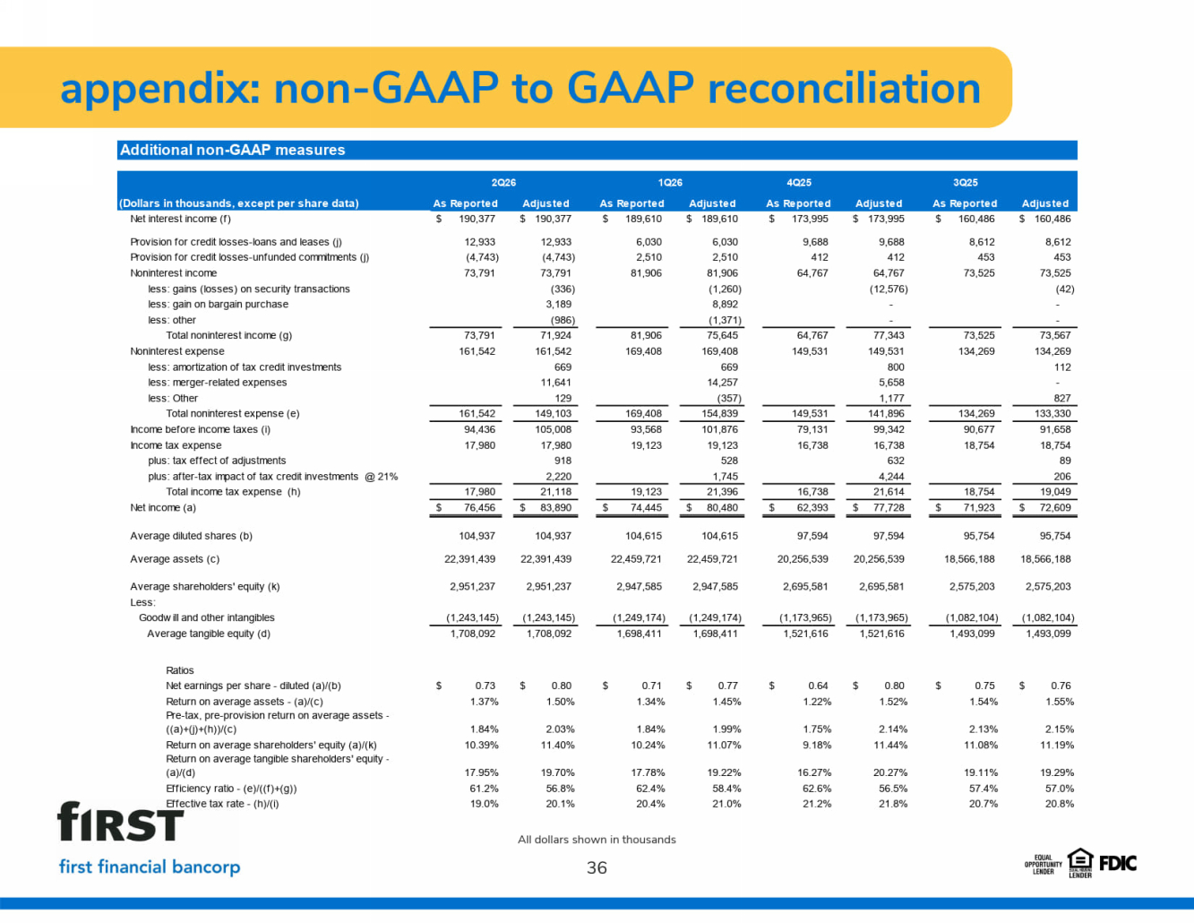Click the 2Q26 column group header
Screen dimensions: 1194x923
click(x=503, y=183)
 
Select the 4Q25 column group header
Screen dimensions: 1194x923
click(x=798, y=183)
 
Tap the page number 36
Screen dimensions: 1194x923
click(x=597, y=867)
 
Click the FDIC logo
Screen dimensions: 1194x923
click(x=1118, y=864)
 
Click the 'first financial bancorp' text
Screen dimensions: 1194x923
click(x=150, y=867)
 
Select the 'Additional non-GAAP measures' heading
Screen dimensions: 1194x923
click(x=232, y=150)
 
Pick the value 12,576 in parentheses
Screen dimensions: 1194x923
click(x=889, y=289)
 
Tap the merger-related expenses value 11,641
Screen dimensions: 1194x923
click(x=556, y=382)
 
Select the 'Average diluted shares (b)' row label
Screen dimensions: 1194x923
click(x=191, y=536)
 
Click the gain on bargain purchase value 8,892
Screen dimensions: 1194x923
click(x=725, y=304)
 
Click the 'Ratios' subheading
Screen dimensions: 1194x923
click(x=180, y=670)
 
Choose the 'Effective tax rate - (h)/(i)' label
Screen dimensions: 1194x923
click(x=222, y=804)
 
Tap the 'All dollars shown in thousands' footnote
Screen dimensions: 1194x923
click(x=597, y=840)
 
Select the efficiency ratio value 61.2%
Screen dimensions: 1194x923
click(x=484, y=789)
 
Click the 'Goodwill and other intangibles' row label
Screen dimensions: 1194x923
click(x=207, y=617)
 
